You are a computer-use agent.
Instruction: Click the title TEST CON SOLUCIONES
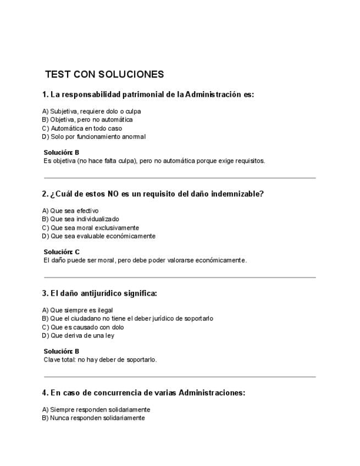click(x=104, y=74)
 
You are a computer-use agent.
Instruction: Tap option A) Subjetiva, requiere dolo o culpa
click(x=92, y=111)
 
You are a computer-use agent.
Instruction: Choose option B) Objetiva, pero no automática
click(x=87, y=119)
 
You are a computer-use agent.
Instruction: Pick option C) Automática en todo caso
click(x=82, y=128)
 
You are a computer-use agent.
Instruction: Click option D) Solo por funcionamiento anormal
click(x=94, y=136)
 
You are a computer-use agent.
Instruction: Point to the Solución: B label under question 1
click(x=62, y=152)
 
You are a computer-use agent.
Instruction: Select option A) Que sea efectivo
click(x=70, y=210)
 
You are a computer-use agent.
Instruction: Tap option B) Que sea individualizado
click(x=81, y=219)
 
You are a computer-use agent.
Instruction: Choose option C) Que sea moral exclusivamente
click(x=91, y=228)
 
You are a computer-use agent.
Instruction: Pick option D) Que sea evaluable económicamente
click(x=99, y=236)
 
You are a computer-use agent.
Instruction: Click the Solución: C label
click(x=62, y=252)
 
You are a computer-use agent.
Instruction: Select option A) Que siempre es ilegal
click(x=77, y=310)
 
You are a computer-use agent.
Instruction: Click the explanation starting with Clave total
click(x=100, y=359)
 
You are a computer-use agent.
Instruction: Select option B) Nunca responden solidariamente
click(x=93, y=418)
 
